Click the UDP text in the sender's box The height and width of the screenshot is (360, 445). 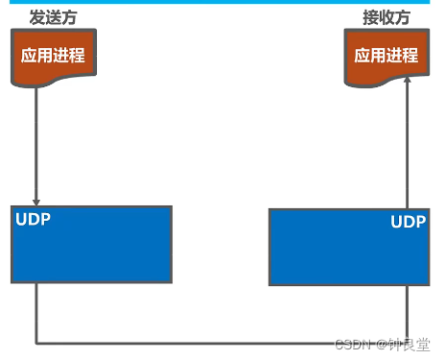tap(34, 220)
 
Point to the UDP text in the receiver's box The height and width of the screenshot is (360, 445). tap(408, 222)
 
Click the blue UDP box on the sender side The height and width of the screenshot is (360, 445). tap(91, 245)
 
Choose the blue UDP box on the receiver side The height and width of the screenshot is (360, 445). tap(348, 248)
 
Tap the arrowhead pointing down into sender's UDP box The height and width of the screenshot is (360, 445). tap(36, 199)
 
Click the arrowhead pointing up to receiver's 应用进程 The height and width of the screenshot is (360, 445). tap(408, 84)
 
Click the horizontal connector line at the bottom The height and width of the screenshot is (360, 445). tap(221, 343)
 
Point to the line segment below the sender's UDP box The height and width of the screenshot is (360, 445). tap(36, 312)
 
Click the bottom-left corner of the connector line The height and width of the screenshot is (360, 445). tap(36, 343)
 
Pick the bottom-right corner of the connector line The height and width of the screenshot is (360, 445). tap(408, 343)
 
